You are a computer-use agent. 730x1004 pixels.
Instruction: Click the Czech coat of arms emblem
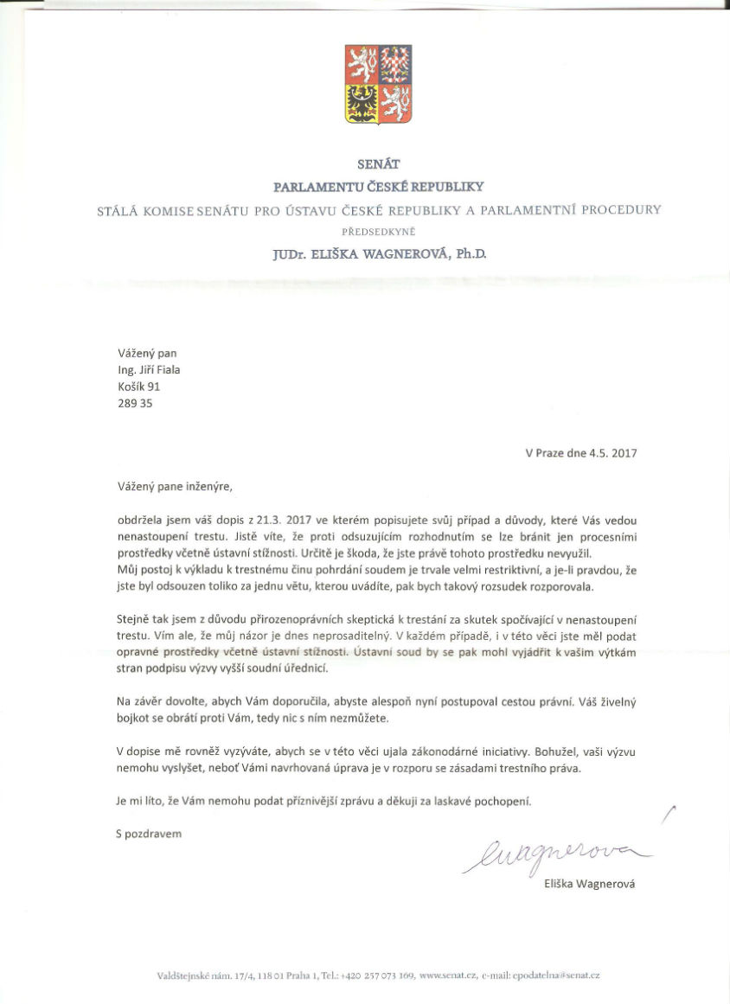tap(379, 84)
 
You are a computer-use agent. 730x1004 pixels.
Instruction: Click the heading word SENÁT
tap(379, 163)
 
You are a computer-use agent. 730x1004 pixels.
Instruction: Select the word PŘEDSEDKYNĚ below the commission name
tap(379, 231)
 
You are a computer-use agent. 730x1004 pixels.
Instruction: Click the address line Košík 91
tap(139, 387)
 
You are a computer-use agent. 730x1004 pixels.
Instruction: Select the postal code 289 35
tap(135, 404)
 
